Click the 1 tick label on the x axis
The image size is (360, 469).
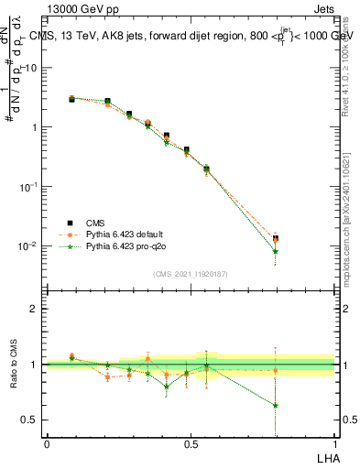[x=334, y=444]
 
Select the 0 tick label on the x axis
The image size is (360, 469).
[x=47, y=444]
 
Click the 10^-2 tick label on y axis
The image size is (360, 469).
[x=27, y=245]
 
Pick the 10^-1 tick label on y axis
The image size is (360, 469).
[x=27, y=186]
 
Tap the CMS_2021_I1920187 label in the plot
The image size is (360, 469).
[x=191, y=274]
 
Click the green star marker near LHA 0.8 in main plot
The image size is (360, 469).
[x=276, y=251]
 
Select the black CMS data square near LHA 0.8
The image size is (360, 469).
[x=276, y=238]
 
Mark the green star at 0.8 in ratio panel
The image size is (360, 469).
[x=276, y=405]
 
